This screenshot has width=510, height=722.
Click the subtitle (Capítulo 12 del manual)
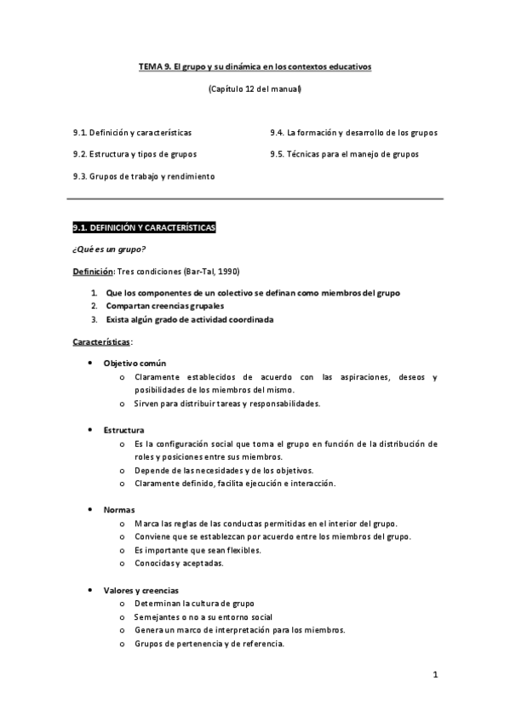255,89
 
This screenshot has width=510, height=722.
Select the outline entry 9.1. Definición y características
132,133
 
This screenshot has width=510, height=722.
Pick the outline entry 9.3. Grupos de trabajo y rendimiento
144,176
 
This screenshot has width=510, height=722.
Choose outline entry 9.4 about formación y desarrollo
354,133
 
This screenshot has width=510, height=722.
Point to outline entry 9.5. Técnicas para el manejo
344,154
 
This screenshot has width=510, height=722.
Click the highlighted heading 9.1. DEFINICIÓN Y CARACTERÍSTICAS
145,228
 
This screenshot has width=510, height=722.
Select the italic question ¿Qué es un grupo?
109,249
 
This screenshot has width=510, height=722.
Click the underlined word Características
101,341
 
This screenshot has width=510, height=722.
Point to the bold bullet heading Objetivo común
140,364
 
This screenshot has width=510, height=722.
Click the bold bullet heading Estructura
123,430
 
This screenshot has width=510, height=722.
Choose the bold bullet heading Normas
118,509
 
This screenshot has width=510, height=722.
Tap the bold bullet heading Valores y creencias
140,590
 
